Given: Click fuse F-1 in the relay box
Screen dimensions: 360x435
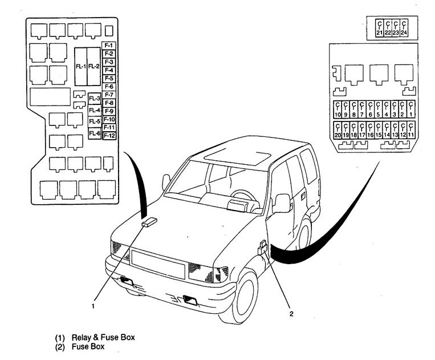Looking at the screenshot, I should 109,45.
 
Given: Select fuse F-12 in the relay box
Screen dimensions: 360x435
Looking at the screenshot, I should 109,136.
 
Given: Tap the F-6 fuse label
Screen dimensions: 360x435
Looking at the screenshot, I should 109,87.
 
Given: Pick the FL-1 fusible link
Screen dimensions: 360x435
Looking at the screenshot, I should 81,67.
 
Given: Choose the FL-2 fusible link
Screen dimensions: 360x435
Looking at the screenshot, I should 94,67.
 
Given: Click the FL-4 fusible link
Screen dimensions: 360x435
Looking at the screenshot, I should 95,110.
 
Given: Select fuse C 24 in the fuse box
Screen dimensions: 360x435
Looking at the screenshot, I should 404,29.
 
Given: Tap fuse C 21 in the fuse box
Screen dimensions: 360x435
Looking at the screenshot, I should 380,29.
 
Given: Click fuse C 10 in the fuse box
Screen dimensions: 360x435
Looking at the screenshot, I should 338,110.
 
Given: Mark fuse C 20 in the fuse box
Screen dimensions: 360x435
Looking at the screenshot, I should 338,131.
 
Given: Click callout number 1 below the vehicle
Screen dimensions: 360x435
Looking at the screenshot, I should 92,306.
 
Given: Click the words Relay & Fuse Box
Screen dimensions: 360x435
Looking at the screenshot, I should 103,338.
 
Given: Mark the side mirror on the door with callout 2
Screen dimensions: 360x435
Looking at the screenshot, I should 282,203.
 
